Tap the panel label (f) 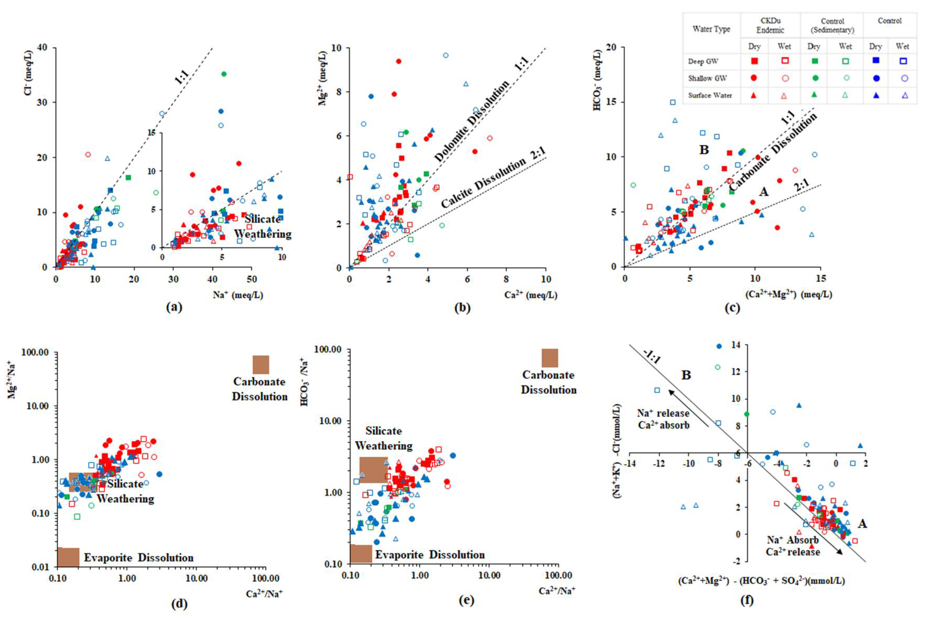coord(747,600)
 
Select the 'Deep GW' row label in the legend coord(703,61)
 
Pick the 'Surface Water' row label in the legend coord(710,95)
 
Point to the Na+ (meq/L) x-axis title coord(238,295)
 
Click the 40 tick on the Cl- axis coord(41,48)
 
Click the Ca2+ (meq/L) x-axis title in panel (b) coord(531,295)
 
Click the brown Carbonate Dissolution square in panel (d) coord(261,364)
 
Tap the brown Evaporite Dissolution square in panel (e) coord(361,554)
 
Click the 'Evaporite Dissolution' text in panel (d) coord(139,558)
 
